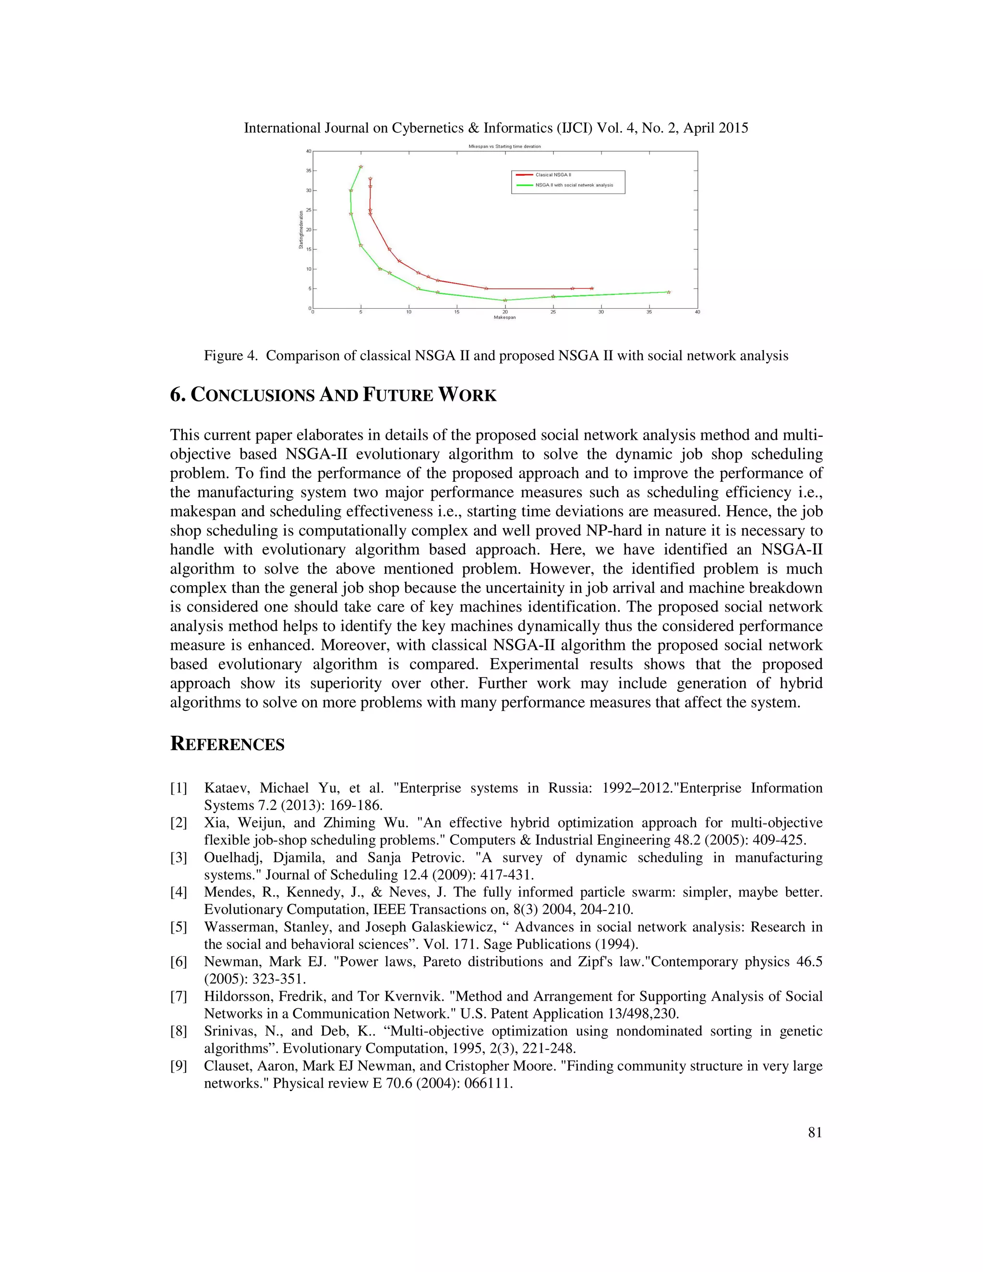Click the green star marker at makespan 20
tap(505, 300)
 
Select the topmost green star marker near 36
tap(360, 167)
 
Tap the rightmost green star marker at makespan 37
tap(669, 292)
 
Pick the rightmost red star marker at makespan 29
tap(592, 288)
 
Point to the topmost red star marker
tap(371, 179)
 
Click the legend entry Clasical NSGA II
tap(553, 175)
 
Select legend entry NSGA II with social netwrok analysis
tap(574, 185)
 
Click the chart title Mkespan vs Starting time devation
tap(504, 147)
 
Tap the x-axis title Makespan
tap(504, 317)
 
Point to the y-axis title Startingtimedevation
tap(301, 229)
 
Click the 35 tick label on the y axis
tap(308, 171)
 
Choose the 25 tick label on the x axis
tap(552, 312)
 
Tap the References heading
tap(227, 744)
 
